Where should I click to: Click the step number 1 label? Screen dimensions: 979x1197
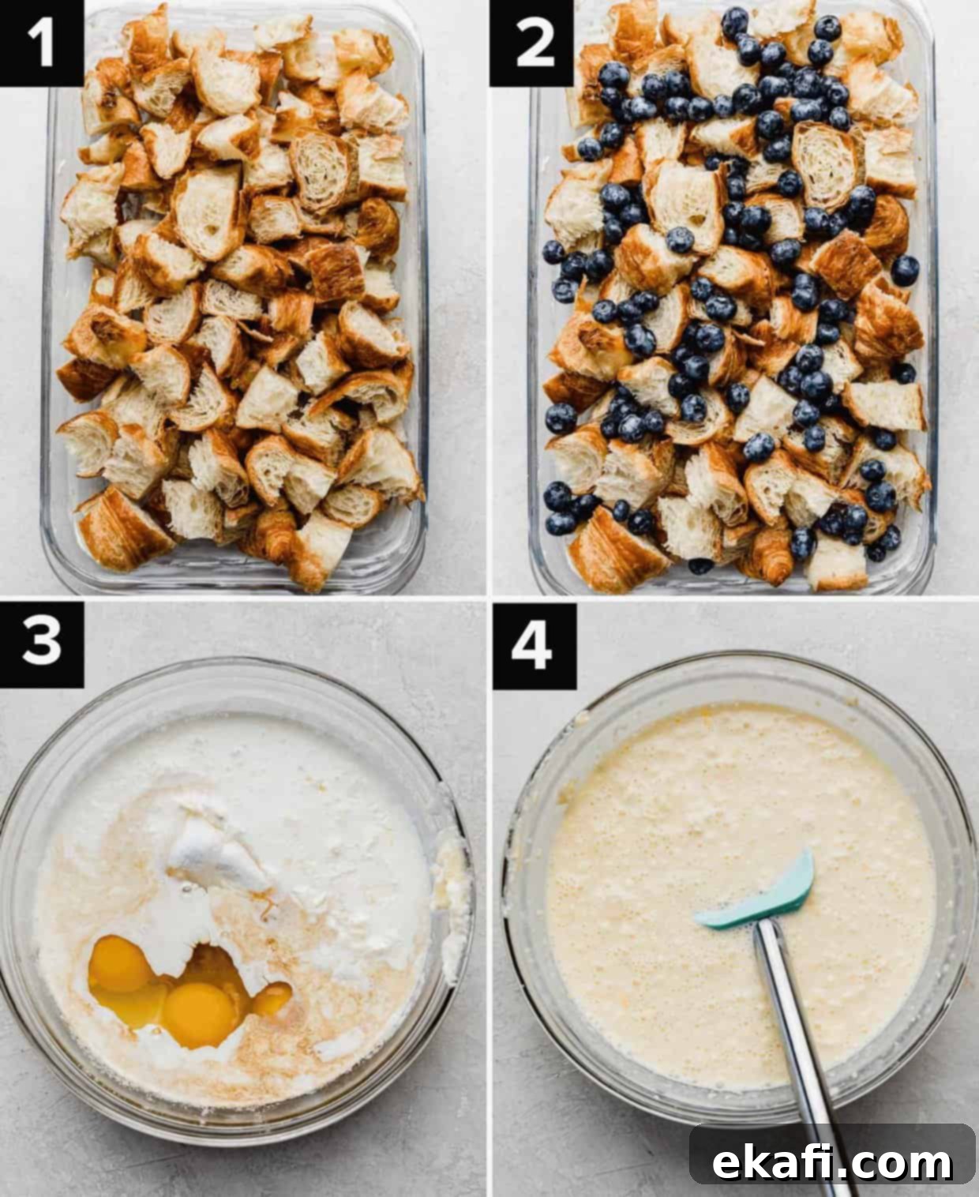tap(41, 43)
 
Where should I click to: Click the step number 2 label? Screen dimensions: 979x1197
tap(532, 43)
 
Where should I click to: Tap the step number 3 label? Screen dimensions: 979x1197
tap(41, 644)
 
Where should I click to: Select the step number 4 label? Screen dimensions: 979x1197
tap(534, 646)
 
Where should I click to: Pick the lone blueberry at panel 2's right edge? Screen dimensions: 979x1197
tap(906, 270)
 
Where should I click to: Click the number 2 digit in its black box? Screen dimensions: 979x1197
tap(534, 43)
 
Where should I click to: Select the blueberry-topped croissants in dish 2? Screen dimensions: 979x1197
tap(732, 295)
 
